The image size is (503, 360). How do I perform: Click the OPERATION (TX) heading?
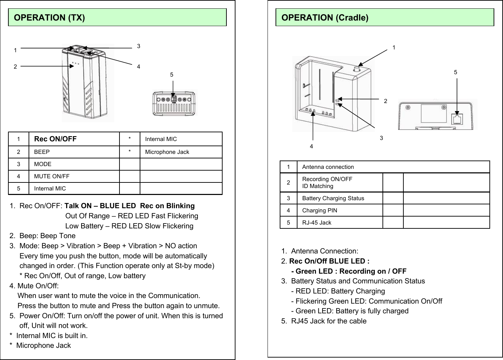[49, 17]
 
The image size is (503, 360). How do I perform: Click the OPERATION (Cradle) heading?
[325, 17]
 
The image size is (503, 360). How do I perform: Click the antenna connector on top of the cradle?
[356, 69]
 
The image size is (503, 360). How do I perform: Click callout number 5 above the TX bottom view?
[172, 75]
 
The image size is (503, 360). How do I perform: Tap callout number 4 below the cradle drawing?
[311, 147]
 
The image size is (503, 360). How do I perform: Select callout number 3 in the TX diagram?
[139, 46]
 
